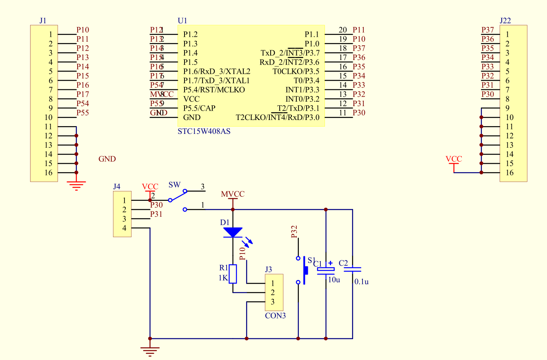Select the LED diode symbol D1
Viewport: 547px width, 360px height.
[233, 232]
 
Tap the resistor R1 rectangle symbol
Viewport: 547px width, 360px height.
[233, 274]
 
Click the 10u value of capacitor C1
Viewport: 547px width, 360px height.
[334, 280]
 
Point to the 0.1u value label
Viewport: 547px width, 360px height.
[361, 282]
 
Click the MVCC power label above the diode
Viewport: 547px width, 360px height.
[233, 194]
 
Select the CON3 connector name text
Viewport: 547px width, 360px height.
[275, 316]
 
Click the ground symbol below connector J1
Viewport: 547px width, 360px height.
[76, 185]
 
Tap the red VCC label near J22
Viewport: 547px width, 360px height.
[454, 159]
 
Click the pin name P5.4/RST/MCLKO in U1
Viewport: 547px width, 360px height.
[214, 89]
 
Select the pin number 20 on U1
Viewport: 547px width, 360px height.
[343, 30]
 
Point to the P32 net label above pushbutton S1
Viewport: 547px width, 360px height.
[294, 232]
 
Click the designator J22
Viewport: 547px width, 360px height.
[505, 20]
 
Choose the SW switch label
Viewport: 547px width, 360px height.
[174, 185]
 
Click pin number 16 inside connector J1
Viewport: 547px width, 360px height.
[48, 173]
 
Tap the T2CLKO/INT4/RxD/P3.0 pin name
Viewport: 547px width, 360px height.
[278, 118]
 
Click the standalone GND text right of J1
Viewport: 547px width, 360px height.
[107, 159]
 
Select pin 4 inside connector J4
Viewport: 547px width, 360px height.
[124, 228]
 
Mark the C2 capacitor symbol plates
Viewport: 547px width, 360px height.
[352, 269]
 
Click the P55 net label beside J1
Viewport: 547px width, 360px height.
[83, 113]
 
